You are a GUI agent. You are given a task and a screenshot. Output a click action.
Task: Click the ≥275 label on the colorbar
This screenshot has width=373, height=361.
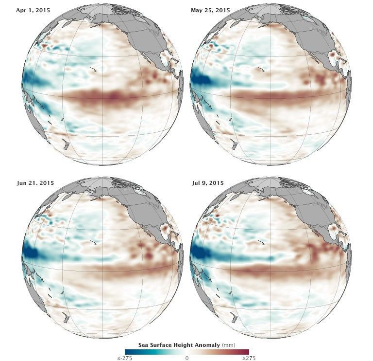tap(249, 358)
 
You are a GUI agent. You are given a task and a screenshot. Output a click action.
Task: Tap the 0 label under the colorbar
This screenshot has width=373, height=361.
tap(187, 358)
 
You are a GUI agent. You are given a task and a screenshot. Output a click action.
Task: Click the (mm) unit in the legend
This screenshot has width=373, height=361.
tap(228, 344)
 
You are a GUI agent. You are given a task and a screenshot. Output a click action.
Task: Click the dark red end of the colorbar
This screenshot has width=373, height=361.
tap(246, 351)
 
